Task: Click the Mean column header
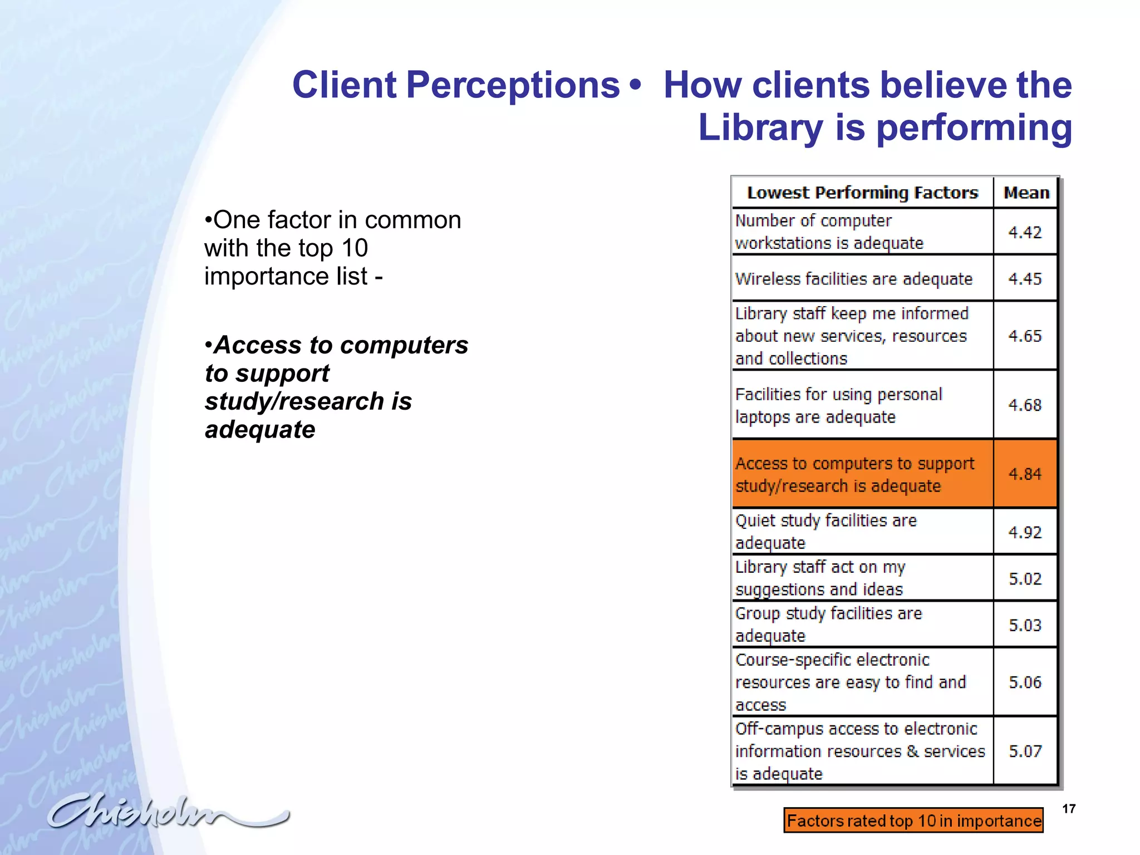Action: tap(1026, 193)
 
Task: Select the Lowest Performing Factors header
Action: tap(862, 193)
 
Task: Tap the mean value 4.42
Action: tap(1025, 232)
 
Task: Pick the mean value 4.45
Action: tap(1025, 278)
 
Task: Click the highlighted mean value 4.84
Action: tap(1025, 474)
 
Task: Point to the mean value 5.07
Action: tap(1025, 751)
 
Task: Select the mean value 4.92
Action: tap(1025, 532)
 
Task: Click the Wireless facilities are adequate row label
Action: tap(853, 278)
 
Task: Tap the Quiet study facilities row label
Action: tap(825, 532)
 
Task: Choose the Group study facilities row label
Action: tap(828, 625)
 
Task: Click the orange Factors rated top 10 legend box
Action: tap(913, 820)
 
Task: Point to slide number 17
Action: tap(1069, 809)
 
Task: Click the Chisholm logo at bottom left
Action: tap(167, 811)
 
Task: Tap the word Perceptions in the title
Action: tap(513, 85)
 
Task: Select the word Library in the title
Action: tap(760, 127)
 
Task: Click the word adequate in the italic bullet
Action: tap(260, 430)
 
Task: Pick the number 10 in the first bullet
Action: tap(355, 248)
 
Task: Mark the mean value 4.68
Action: tap(1025, 405)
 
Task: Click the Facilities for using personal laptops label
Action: tap(838, 405)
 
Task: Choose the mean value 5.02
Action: tap(1025, 578)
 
